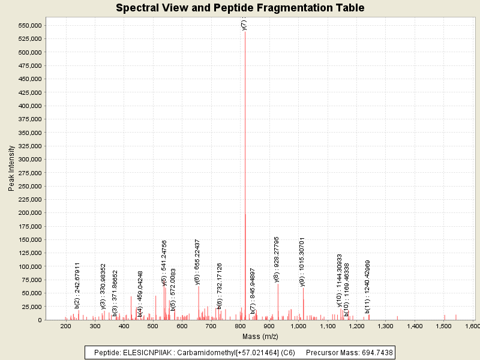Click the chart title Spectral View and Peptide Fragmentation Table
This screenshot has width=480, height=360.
pyautogui.click(x=240, y=8)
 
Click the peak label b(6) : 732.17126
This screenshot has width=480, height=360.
pyautogui.click(x=220, y=286)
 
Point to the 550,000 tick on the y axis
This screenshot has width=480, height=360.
pyautogui.click(x=29, y=25)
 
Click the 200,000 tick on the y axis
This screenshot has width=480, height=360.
pyautogui.click(x=29, y=212)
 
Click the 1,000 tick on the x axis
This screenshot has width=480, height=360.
pyautogui.click(x=298, y=326)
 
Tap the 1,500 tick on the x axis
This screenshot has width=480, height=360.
pyautogui.click(x=444, y=326)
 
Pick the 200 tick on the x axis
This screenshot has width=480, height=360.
pyautogui.click(x=65, y=326)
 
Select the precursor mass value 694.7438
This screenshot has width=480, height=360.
pyautogui.click(x=374, y=352)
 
